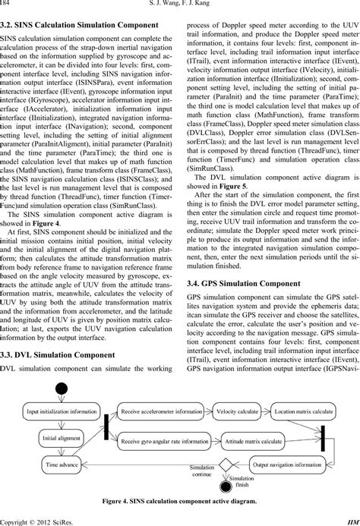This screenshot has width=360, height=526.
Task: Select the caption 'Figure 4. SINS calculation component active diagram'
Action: click(x=179, y=502)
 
